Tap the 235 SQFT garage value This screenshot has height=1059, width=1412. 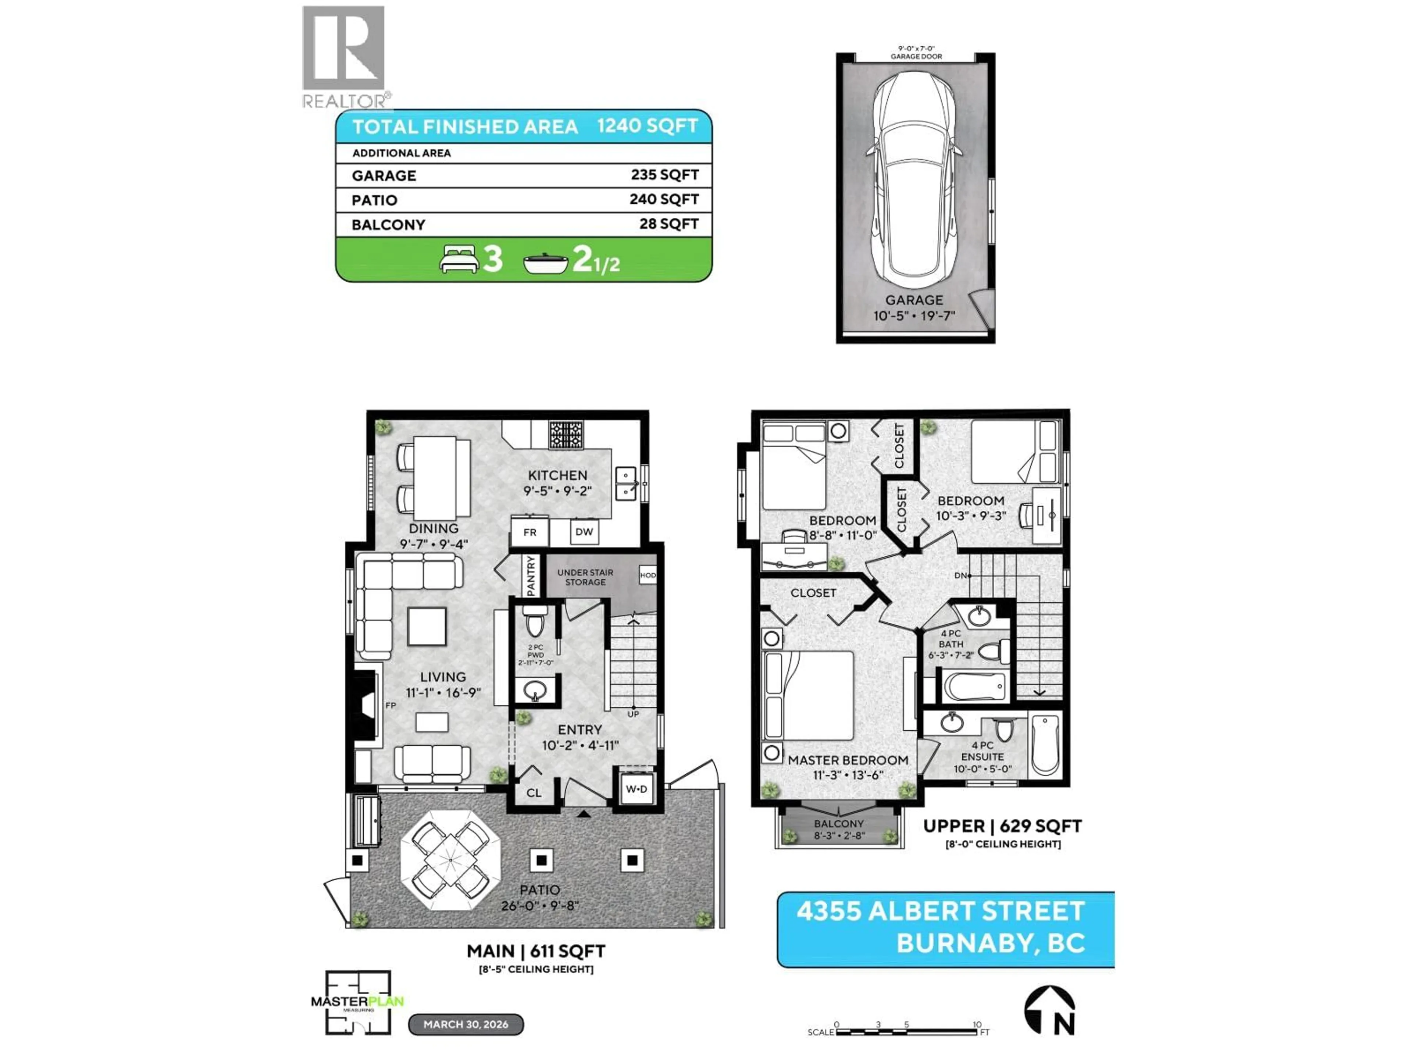664,175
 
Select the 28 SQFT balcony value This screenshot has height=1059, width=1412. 668,224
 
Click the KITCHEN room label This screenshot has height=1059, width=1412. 557,475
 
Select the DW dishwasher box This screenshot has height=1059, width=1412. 584,532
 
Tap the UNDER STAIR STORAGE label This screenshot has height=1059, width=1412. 585,577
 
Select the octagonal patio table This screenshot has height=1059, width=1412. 451,860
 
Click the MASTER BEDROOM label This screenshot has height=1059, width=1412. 848,760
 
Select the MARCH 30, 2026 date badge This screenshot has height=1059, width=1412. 466,1024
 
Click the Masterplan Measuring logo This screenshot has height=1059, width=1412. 357,1002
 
